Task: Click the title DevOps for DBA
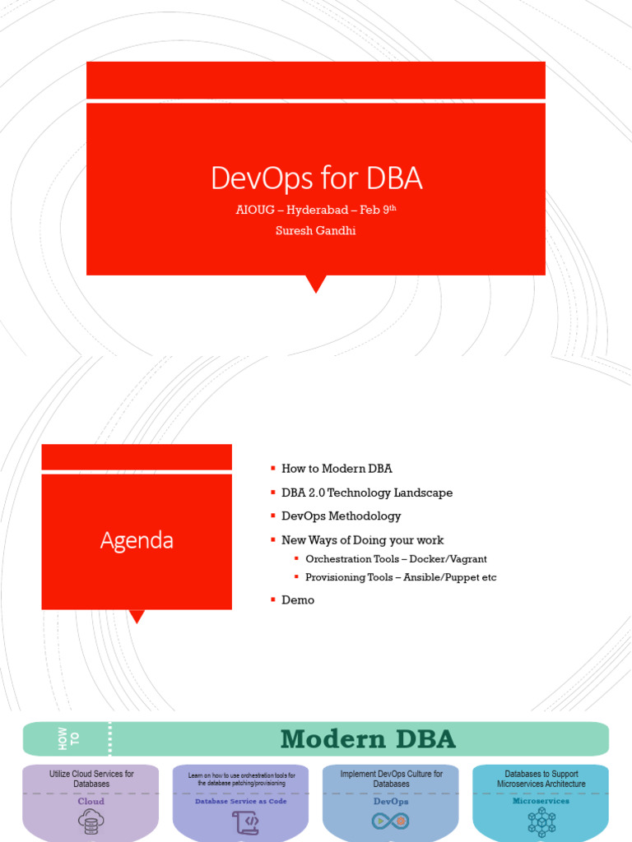316,178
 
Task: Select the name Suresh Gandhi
316,231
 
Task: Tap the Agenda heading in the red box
137,540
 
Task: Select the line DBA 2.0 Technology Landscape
366,493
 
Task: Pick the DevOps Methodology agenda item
341,516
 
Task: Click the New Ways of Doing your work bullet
362,540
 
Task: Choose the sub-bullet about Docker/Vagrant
396,559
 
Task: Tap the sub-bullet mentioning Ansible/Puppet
401,577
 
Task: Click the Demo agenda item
298,600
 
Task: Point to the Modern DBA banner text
367,739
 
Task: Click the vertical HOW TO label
69,739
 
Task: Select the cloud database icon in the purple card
91,821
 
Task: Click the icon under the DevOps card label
390,821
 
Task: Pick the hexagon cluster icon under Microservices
541,821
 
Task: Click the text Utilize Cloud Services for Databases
91,779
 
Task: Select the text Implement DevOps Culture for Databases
391,779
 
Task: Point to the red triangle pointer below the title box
316,284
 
